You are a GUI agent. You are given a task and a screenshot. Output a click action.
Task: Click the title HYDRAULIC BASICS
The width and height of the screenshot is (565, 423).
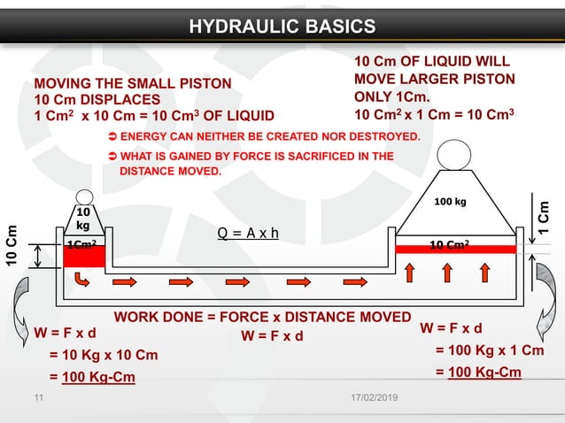click(x=282, y=26)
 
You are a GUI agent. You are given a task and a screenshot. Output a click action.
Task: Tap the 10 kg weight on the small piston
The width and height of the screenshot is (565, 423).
click(x=83, y=219)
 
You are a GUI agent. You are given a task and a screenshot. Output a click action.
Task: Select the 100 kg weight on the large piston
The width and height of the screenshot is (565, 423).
click(x=451, y=204)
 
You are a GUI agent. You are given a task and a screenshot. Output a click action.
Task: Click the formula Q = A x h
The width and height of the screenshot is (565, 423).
click(x=248, y=234)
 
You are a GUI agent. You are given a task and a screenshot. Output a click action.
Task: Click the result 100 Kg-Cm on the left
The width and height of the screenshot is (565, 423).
click(x=97, y=378)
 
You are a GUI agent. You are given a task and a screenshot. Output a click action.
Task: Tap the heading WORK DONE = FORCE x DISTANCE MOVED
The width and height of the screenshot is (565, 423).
click(x=262, y=317)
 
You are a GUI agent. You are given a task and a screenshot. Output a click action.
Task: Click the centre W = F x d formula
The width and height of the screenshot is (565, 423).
click(x=272, y=335)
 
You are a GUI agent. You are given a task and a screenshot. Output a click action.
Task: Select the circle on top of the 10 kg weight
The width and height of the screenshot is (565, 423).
click(x=84, y=196)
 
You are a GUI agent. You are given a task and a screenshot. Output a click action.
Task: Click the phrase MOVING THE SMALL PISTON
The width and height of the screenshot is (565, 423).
click(x=133, y=83)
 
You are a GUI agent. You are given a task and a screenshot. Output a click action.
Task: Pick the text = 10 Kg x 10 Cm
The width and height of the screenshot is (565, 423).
click(x=103, y=355)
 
